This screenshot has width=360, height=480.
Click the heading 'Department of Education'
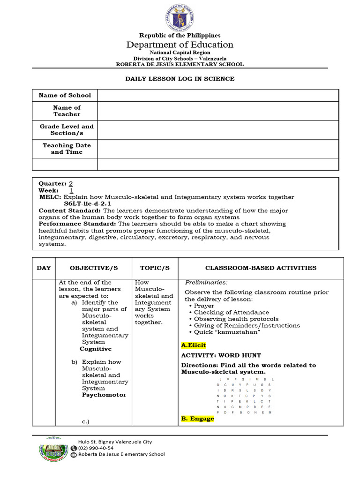click(x=180, y=45)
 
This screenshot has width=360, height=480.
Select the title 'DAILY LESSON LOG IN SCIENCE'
click(x=180, y=79)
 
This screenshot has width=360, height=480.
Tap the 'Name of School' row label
click(x=65, y=95)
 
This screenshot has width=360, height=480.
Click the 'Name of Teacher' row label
click(x=67, y=111)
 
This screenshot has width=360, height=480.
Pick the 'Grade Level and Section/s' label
click(x=67, y=130)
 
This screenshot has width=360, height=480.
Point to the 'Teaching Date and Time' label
click(x=67, y=149)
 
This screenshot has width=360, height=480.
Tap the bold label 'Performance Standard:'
click(x=77, y=224)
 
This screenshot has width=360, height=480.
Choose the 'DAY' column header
click(x=44, y=268)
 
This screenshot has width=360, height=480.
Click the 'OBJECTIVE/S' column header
click(x=93, y=268)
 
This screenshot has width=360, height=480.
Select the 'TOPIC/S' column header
click(x=155, y=268)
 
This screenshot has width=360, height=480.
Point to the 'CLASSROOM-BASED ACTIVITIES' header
click(x=261, y=268)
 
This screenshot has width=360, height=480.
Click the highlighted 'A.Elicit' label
click(x=193, y=345)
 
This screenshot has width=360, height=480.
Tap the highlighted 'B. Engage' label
click(x=197, y=419)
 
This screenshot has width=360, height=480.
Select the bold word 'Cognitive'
click(x=96, y=349)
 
